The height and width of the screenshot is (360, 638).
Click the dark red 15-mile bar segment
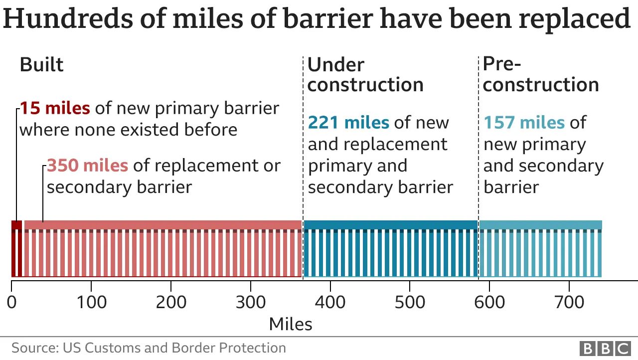(16, 248)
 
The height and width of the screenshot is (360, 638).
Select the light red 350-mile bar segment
(162, 248)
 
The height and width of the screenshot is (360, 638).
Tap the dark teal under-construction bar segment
(390, 248)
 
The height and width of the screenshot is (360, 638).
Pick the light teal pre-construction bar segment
(540, 248)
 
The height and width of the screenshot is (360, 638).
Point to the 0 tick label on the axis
(11, 302)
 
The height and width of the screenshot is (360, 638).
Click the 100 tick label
(91, 302)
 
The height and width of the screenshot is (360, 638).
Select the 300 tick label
(250, 302)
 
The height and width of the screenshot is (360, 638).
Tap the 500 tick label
(409, 302)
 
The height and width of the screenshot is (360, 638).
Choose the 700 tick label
(569, 302)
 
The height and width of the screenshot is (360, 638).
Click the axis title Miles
(291, 325)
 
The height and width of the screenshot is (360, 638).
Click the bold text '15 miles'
(55, 108)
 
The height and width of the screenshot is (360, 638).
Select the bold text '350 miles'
(87, 166)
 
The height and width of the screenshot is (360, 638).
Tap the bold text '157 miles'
(524, 122)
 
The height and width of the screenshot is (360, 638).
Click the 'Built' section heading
(41, 65)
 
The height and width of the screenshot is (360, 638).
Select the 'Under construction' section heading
(365, 75)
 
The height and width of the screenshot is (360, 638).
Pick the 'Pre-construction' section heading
(540, 75)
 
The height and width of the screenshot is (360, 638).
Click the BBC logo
(605, 348)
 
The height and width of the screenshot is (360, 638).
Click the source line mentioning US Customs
(149, 348)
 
